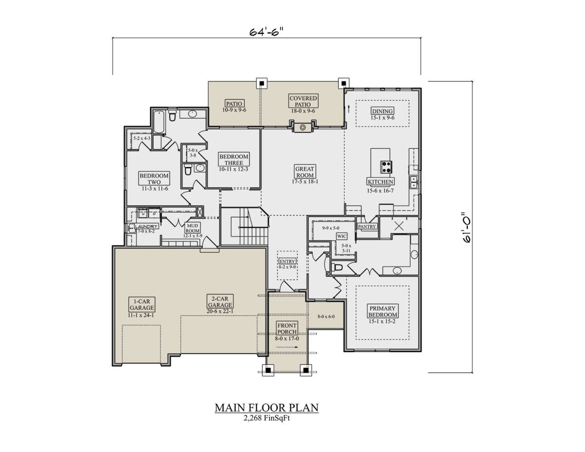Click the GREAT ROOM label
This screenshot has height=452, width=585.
point(305,172)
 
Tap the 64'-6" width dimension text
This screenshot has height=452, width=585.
point(267,32)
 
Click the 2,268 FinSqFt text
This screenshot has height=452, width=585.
point(267,418)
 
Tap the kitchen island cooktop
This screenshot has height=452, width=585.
point(387,167)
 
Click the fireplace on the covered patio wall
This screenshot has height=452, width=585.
point(303,128)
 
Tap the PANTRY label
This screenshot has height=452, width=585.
point(367,227)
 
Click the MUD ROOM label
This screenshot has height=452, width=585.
point(193,229)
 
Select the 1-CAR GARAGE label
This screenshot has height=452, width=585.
point(141,304)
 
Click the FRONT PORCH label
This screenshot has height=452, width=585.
point(287,328)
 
